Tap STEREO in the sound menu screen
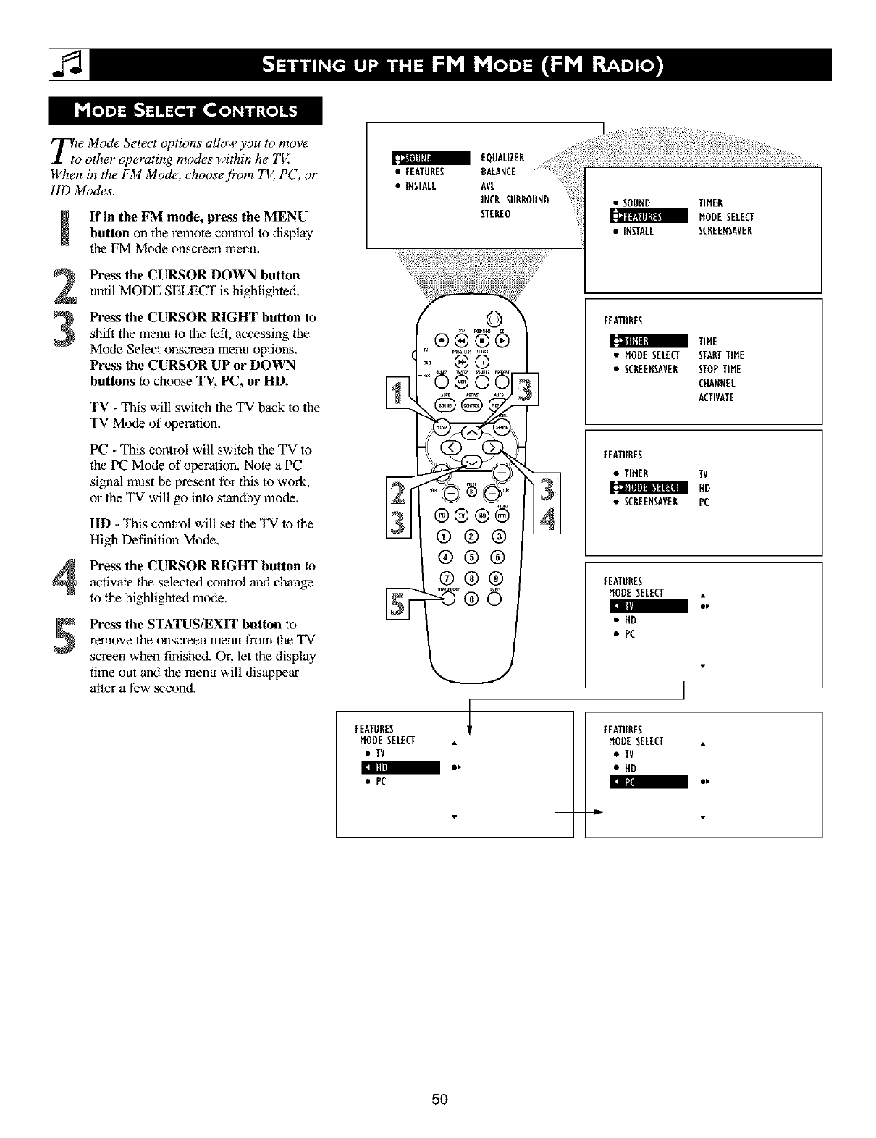pyautogui.click(x=496, y=214)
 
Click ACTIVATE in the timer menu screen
pyautogui.click(x=716, y=397)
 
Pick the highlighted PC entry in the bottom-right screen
pyautogui.click(x=649, y=782)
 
